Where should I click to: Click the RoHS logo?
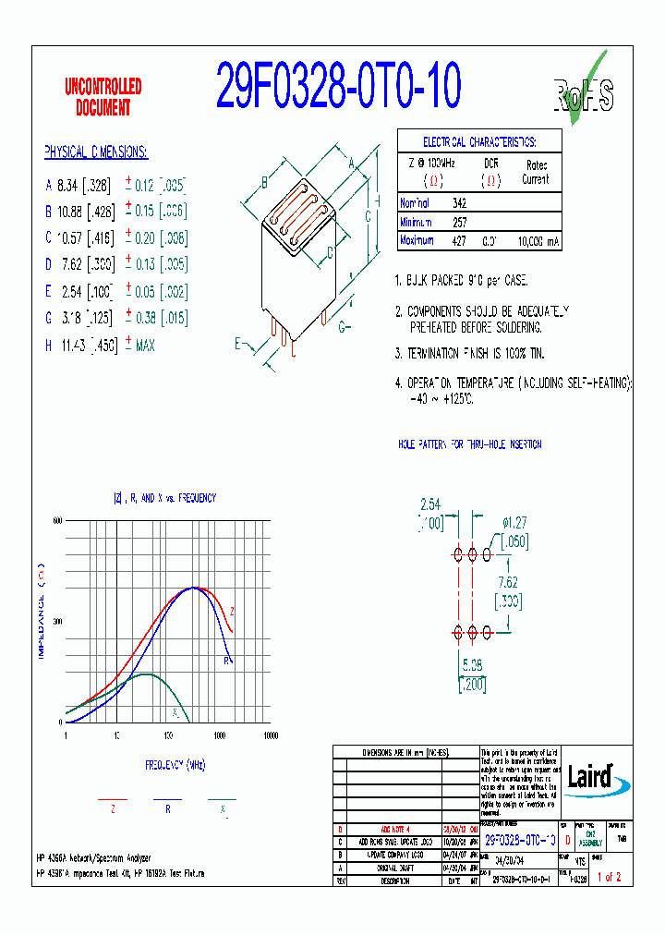583,91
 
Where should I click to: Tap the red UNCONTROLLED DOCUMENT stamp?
103,97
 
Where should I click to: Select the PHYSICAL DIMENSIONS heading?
96,152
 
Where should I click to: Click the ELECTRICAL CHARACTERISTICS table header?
478,142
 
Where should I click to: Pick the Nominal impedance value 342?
459,203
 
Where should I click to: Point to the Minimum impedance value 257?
459,223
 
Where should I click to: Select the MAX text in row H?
145,346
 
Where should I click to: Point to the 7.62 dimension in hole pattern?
507,583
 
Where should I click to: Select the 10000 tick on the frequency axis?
270,735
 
